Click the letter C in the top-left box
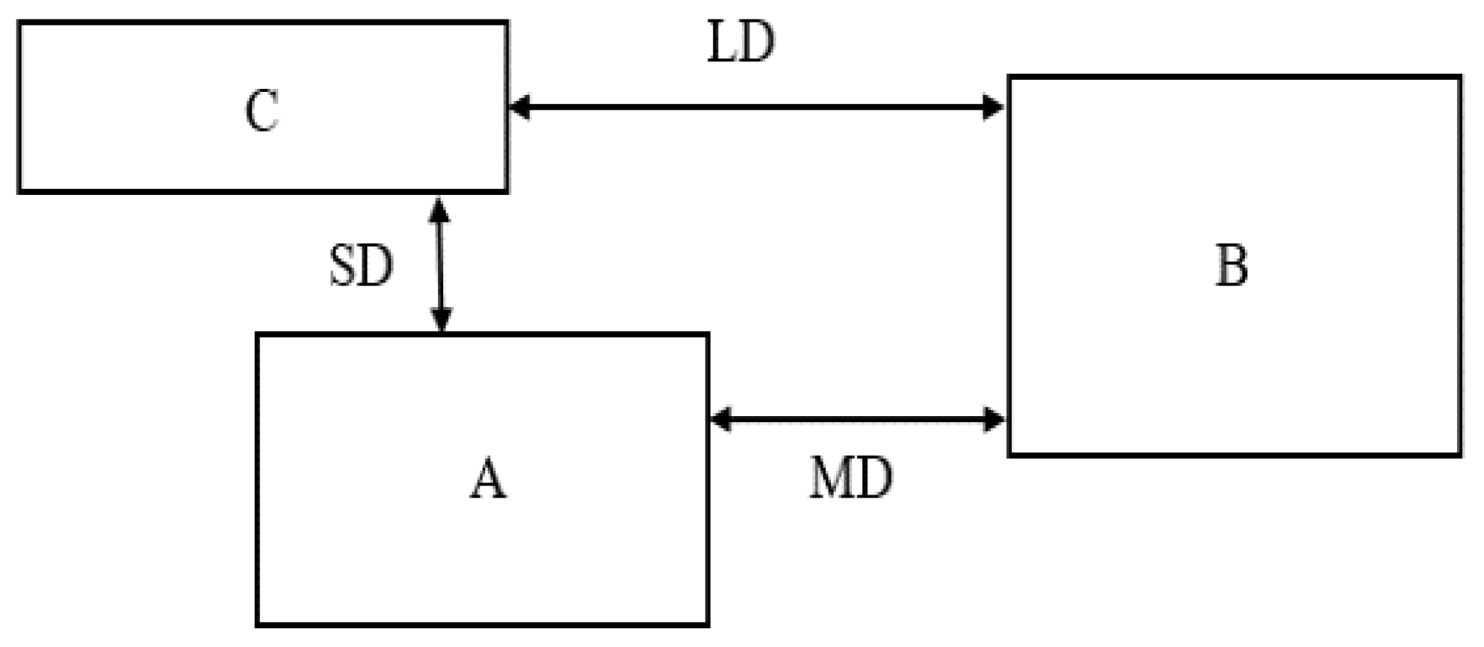[262, 111]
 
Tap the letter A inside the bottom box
[488, 479]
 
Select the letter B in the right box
[1231, 266]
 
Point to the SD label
[361, 266]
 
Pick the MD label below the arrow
[851, 479]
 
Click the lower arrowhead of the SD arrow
[441, 321]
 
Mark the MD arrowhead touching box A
[720, 419]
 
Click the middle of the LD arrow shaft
[756, 107]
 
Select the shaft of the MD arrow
[858, 419]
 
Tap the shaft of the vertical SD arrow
[440, 265]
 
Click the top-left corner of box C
[19, 23]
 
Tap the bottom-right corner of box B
[1459, 453]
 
